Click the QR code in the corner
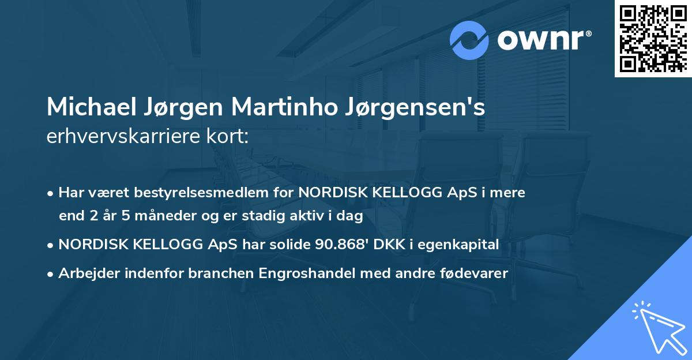pos(653,38)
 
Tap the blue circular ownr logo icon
pos(469,40)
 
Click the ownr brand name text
pos(543,40)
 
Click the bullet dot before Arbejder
pos(51,274)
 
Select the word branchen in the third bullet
pos(216,273)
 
